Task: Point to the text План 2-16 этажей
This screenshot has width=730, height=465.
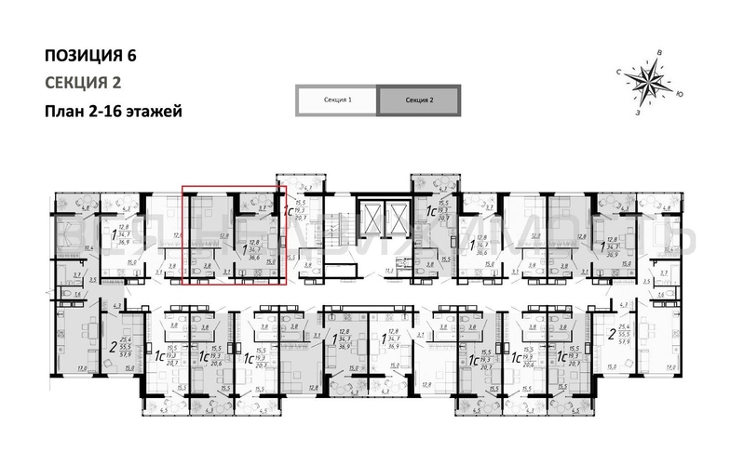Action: tap(113, 111)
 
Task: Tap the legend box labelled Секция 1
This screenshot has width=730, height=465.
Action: tap(336, 100)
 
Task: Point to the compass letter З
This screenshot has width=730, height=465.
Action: tap(638, 113)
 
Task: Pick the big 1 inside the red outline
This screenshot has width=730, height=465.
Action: tap(244, 248)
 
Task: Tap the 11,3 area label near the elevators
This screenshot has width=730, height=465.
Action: tap(387, 271)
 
